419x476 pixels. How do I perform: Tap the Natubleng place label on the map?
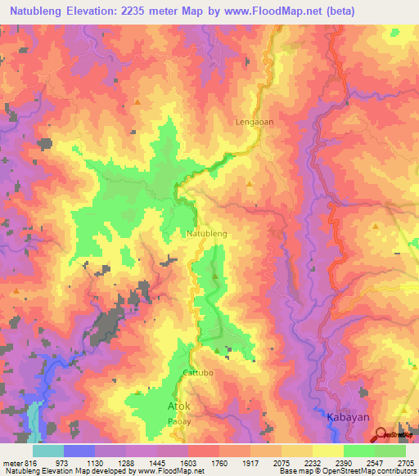click(x=207, y=233)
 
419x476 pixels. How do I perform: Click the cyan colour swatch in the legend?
click(x=48, y=451)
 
